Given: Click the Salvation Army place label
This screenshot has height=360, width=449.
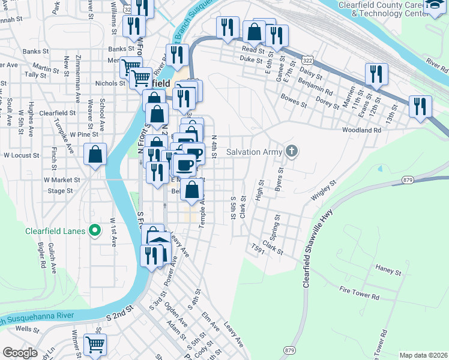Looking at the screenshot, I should (254, 152).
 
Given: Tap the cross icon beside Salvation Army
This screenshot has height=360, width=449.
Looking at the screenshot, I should (292, 151).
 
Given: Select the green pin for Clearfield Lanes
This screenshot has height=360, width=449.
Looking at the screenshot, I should (94, 230).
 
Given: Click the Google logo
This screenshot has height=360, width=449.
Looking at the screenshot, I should (20, 353).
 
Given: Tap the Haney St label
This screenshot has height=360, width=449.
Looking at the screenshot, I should (388, 272).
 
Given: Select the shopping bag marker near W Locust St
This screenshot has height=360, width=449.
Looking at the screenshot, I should (95, 155).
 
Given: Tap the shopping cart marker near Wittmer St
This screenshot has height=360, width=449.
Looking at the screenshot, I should (95, 345).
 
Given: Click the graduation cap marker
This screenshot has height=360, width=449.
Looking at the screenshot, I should (435, 6).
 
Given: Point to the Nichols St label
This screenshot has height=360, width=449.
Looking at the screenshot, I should (110, 83).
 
